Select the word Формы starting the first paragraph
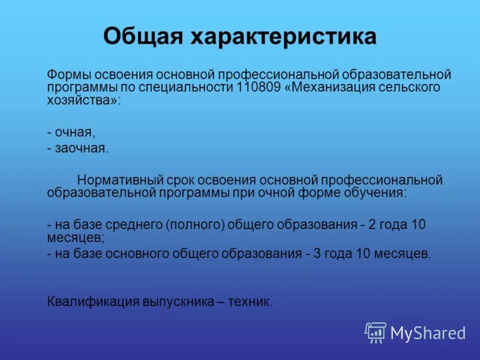pos(68,74)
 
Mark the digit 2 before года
pos(371,224)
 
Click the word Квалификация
pos(93,301)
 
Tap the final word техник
pos(251,301)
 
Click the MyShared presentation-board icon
pos(376,332)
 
